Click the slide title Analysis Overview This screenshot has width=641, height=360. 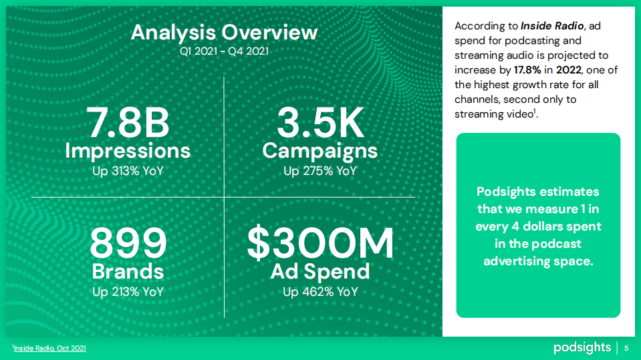224,33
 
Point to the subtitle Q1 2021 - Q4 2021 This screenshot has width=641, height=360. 224,51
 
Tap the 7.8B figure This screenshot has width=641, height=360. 128,123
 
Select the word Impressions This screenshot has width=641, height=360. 128,151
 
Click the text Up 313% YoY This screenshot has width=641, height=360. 128,171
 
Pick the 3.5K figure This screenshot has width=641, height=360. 320,123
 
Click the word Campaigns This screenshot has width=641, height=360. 319,152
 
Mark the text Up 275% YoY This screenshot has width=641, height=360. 320,171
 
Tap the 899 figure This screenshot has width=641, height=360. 128,244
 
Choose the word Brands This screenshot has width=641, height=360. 128,271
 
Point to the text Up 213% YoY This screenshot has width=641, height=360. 128,292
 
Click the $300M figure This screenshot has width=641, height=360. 320,244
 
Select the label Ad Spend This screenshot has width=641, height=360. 320,272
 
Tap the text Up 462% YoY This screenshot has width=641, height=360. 320,292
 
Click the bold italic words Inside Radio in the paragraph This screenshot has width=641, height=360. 552,26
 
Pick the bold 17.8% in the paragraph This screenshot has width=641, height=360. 527,70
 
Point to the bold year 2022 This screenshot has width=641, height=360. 569,70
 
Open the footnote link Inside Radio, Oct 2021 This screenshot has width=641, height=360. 50,348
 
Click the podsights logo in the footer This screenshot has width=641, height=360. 582,348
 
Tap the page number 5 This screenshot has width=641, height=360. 626,348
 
